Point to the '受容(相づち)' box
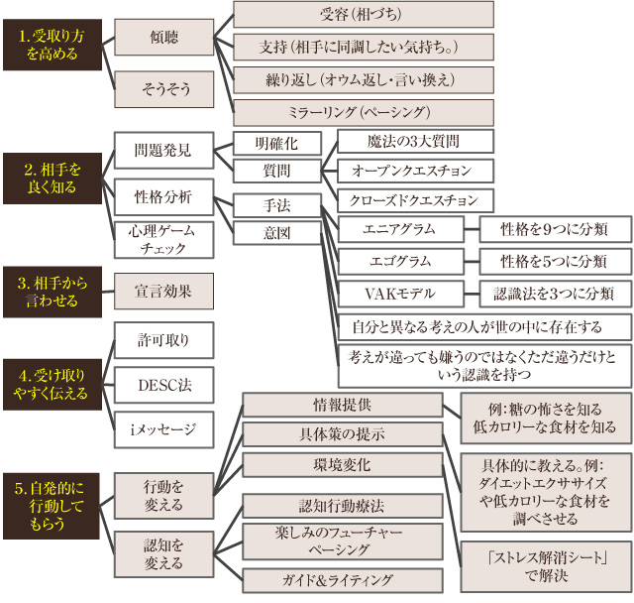click(363, 14)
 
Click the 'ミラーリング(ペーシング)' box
click(363, 110)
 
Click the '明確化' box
click(277, 143)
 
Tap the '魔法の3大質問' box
click(414, 142)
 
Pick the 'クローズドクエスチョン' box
click(414, 199)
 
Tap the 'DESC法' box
click(163, 384)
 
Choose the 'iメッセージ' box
click(163, 428)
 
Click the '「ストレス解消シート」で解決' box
click(546, 563)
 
